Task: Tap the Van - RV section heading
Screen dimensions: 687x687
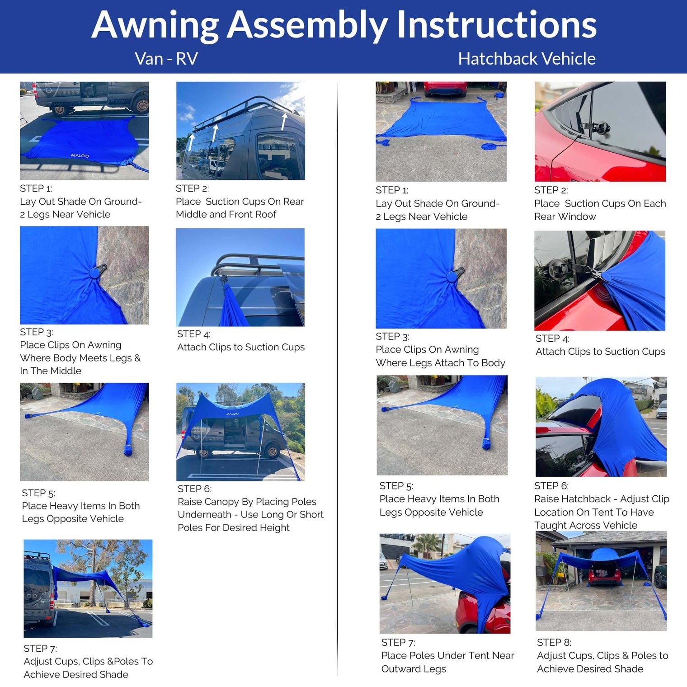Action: click(166, 59)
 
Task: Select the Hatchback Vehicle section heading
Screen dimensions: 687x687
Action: click(527, 59)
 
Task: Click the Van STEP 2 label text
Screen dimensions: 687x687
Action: click(192, 188)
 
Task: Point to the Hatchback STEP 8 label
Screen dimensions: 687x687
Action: click(554, 642)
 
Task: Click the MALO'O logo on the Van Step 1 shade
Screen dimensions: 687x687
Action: click(80, 155)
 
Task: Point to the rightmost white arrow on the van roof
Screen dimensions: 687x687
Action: click(284, 121)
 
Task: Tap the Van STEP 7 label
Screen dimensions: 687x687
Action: click(40, 649)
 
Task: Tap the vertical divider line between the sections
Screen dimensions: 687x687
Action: click(337, 380)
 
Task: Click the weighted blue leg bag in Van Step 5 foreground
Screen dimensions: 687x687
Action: click(128, 450)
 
